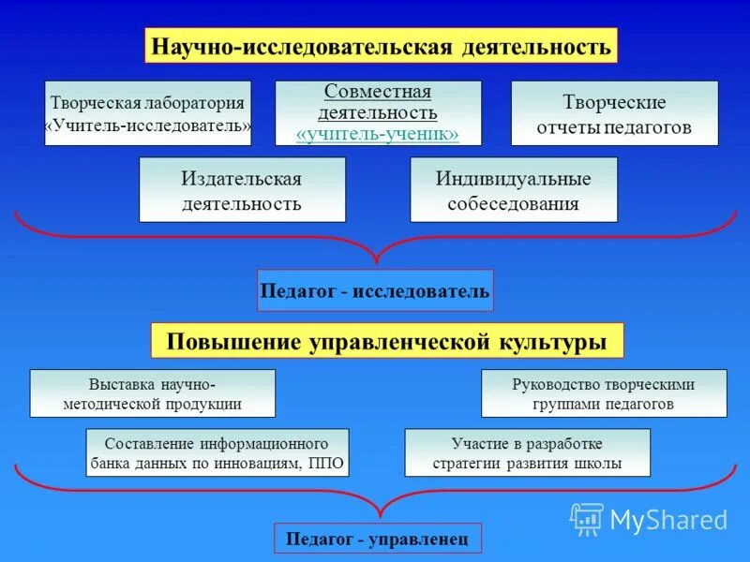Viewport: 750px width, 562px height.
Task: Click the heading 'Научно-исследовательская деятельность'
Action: click(x=381, y=45)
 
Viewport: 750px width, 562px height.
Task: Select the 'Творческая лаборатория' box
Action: click(x=148, y=113)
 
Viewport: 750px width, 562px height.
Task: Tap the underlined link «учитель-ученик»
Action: click(x=377, y=134)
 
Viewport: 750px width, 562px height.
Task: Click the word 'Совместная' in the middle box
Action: click(x=377, y=92)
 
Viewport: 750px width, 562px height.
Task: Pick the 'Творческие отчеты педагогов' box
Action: click(x=614, y=113)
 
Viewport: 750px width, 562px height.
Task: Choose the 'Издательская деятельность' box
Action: click(x=242, y=189)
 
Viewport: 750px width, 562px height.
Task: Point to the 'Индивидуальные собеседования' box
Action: click(x=514, y=189)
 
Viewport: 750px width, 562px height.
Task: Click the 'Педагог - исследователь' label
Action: click(x=374, y=291)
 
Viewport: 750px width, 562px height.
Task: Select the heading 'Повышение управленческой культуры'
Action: click(x=386, y=341)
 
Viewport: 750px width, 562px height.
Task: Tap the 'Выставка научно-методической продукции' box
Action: click(x=153, y=393)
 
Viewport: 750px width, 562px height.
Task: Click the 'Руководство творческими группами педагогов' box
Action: click(x=604, y=393)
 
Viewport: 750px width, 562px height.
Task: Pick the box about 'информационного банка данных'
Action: click(x=217, y=452)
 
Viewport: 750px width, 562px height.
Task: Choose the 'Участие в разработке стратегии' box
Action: click(x=527, y=452)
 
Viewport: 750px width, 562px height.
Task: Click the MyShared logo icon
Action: click(x=587, y=519)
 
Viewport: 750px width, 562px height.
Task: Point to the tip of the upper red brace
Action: click(x=377, y=261)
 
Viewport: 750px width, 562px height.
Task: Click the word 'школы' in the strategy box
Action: click(x=601, y=463)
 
